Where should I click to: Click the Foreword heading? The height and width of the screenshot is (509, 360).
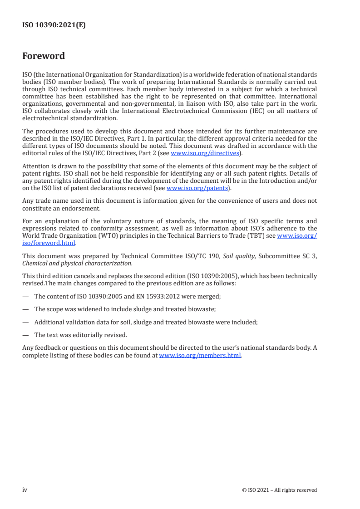44,56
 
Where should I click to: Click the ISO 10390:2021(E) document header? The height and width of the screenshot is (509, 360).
54,25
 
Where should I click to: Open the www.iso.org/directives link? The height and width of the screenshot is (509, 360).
205,153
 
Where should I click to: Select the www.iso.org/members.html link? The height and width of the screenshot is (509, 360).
200,355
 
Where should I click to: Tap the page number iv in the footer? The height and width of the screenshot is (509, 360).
25,489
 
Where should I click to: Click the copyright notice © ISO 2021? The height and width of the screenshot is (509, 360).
279,490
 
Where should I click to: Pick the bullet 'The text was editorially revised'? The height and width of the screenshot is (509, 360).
81,335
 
